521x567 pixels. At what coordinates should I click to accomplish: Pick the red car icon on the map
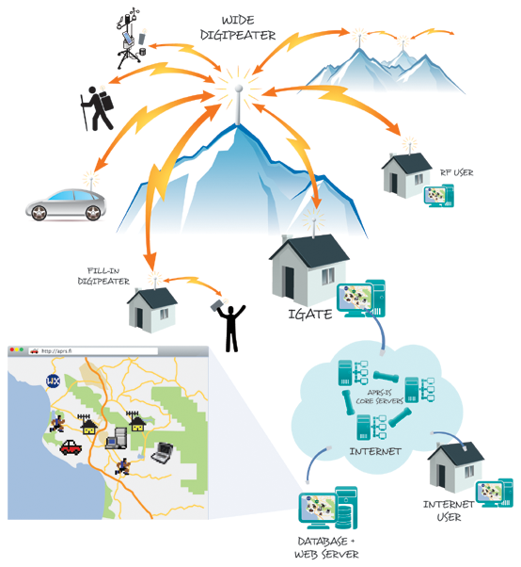click(x=71, y=447)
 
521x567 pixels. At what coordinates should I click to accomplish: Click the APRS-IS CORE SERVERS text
click(x=381, y=397)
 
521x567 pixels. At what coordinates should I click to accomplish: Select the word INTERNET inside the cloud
click(x=374, y=451)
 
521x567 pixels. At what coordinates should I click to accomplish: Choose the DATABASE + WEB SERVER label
click(x=324, y=548)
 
